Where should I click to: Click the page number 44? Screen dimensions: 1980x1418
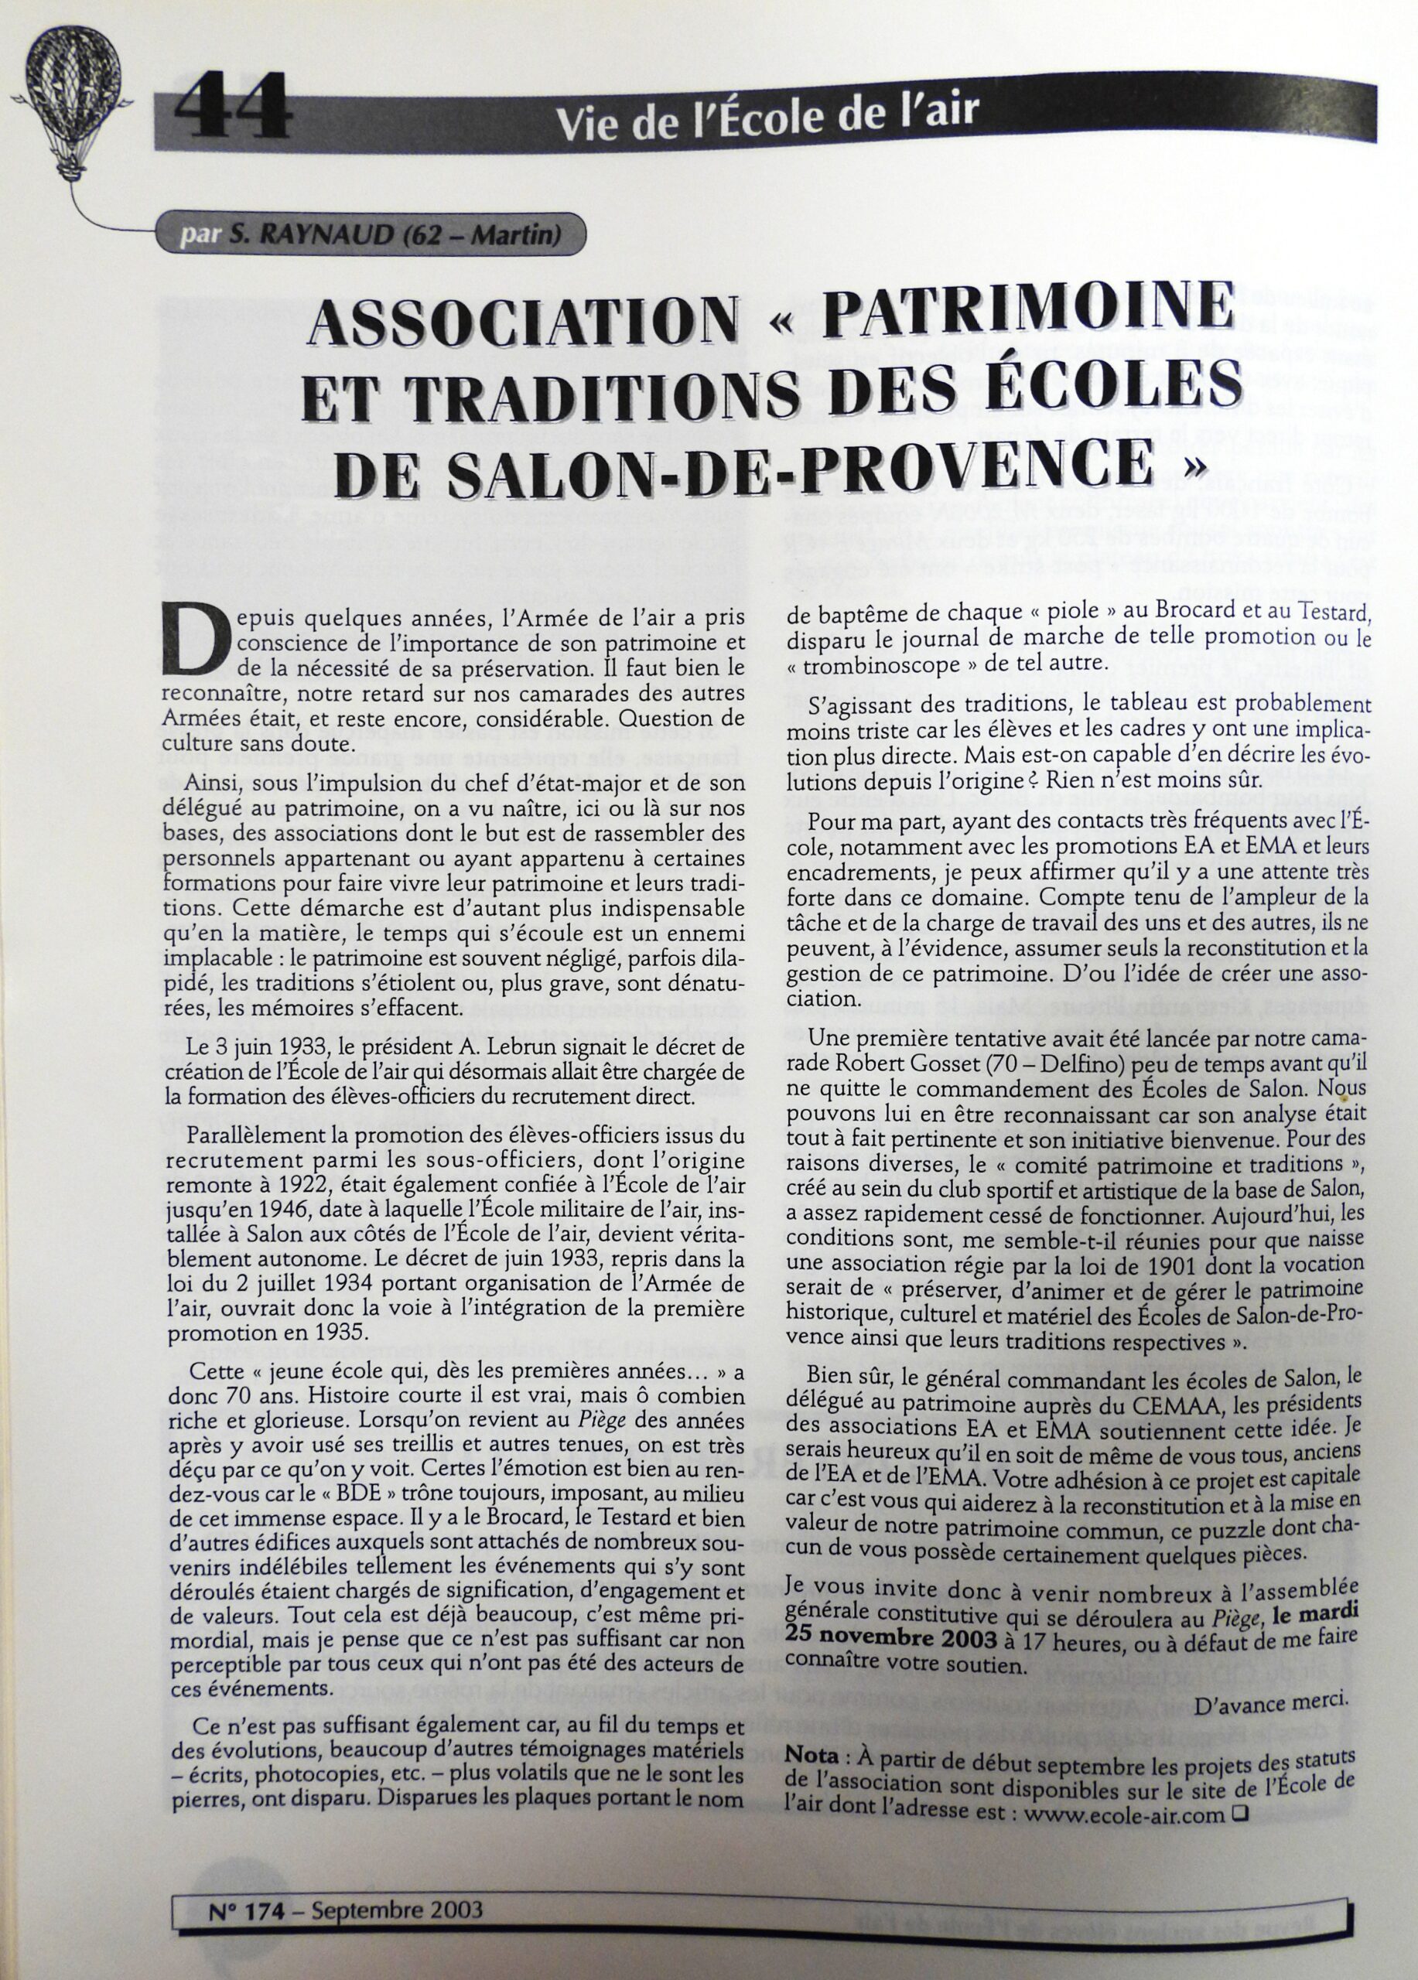coord(232,108)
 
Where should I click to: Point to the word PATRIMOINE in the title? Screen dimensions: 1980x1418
coord(1031,312)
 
